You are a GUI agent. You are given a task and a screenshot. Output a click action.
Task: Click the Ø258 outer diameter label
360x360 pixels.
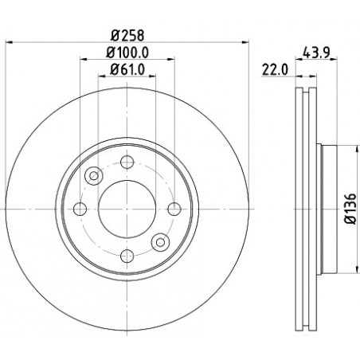[x=127, y=35]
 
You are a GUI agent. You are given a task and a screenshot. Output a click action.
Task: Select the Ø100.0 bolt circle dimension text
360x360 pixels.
[x=127, y=53]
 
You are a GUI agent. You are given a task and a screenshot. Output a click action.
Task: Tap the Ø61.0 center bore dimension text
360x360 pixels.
[x=127, y=69]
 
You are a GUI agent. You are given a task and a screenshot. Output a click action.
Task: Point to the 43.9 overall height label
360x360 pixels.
[x=316, y=53]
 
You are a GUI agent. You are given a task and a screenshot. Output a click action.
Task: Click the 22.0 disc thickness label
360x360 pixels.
[x=275, y=70]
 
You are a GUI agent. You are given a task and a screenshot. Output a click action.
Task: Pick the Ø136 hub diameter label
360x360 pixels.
[x=350, y=209]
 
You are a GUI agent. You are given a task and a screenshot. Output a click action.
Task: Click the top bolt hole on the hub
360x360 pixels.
[x=127, y=162]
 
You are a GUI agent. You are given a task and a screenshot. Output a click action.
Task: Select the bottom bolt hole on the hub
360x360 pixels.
[x=127, y=256]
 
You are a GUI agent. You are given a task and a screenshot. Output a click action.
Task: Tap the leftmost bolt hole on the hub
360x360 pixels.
[x=80, y=209]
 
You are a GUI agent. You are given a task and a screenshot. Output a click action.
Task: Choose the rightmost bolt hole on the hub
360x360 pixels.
[x=174, y=209]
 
